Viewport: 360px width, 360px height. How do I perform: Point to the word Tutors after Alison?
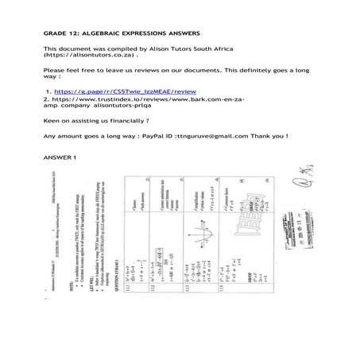click(171, 49)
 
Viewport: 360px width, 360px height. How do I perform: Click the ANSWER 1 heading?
click(60, 159)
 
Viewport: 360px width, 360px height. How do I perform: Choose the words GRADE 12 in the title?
click(56, 33)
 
